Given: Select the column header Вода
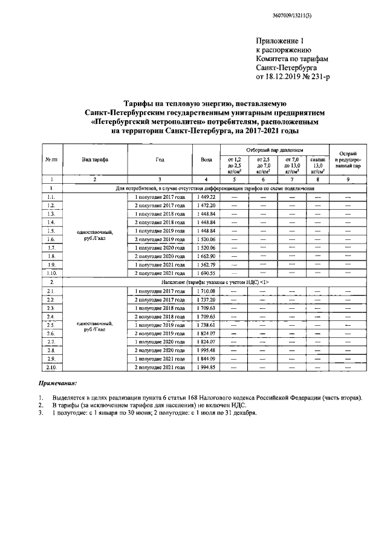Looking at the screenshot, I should click(206, 159).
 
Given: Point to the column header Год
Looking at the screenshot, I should click(159, 159).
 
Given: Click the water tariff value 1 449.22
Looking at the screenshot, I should click(206, 197).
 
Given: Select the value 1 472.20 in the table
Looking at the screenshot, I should click(206, 206).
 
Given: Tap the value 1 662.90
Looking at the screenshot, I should click(206, 256).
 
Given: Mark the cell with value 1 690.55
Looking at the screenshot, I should click(206, 273).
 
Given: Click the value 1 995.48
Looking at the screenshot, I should click(206, 350).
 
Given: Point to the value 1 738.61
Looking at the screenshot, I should click(206, 325).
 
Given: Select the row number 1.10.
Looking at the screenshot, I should click(52, 273).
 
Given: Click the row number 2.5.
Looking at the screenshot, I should click(52, 325).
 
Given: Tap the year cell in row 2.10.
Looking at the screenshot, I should click(159, 367).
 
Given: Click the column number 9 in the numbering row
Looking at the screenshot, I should click(347, 180).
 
